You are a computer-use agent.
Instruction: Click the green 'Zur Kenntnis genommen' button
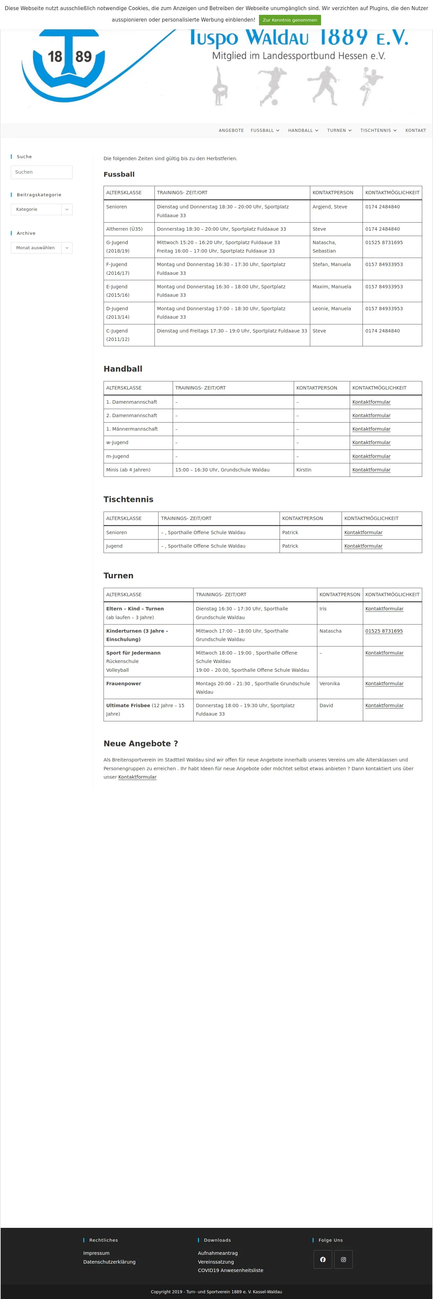(x=290, y=20)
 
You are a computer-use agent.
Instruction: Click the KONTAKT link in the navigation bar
(x=415, y=131)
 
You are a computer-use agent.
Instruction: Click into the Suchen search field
(x=41, y=172)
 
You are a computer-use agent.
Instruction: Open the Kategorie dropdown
(x=41, y=209)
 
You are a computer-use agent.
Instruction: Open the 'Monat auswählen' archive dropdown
(x=41, y=248)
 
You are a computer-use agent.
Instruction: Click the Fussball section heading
(x=119, y=174)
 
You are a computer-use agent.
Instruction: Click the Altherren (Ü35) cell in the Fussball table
(x=124, y=229)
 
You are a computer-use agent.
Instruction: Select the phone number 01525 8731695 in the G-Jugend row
(x=384, y=242)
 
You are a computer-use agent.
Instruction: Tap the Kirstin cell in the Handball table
(x=304, y=470)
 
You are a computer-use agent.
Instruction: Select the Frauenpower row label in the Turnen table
(x=123, y=684)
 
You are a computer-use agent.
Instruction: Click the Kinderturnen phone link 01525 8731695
(x=384, y=631)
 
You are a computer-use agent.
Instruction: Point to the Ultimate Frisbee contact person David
(x=326, y=705)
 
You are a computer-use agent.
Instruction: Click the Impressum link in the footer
(x=96, y=1253)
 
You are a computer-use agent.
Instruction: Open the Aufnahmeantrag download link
(x=218, y=1253)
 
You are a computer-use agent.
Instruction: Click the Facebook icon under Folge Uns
(x=323, y=1259)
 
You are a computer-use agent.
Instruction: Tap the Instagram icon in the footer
(x=343, y=1259)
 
